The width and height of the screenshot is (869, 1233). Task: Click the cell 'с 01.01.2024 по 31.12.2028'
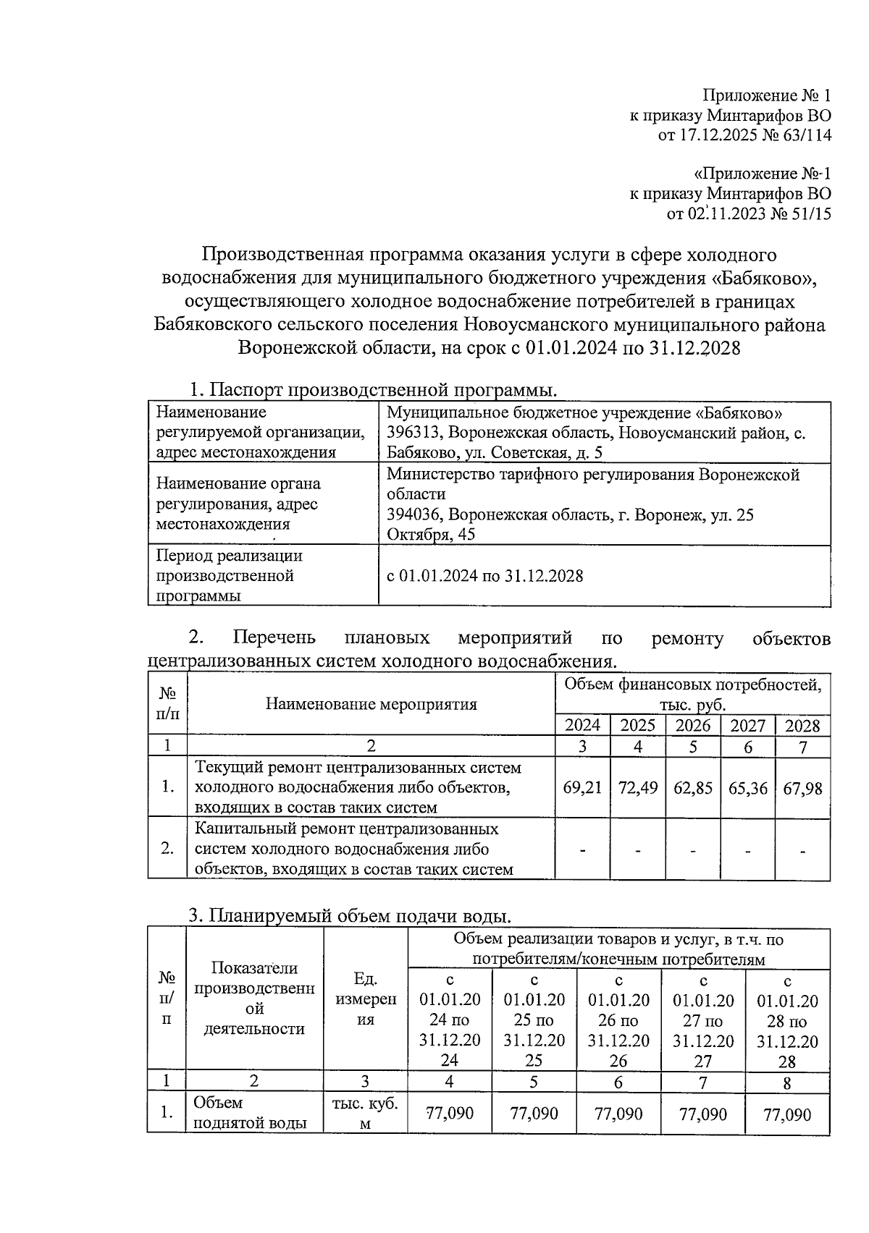pos(484,576)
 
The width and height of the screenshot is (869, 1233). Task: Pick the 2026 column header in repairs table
pos(693,726)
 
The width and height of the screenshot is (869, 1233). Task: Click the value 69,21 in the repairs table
pos(582,787)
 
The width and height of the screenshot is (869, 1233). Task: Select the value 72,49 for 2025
pos(637,787)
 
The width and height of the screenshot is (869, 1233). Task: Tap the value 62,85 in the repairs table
pos(693,787)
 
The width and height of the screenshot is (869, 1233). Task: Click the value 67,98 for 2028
pos(802,787)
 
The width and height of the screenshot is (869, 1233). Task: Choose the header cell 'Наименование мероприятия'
pos(371,704)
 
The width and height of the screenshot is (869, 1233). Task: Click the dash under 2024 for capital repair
pos(582,849)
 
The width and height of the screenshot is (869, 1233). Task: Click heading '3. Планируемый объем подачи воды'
pos(350,915)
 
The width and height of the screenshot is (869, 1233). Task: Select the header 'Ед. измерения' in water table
pos(365,999)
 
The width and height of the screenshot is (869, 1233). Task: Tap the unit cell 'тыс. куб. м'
pos(365,1114)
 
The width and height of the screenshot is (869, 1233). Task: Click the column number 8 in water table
pos(787,1082)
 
